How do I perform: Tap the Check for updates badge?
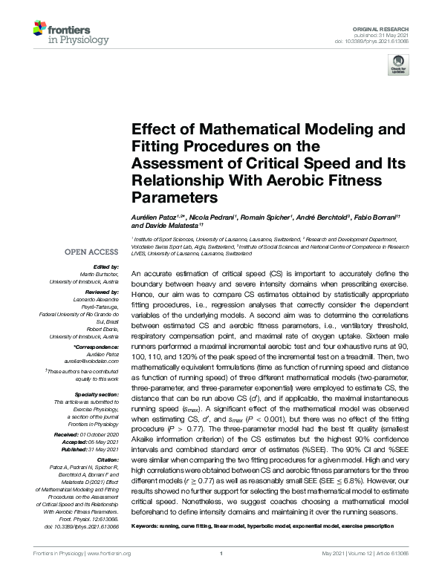pyautogui.click(x=397, y=67)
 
